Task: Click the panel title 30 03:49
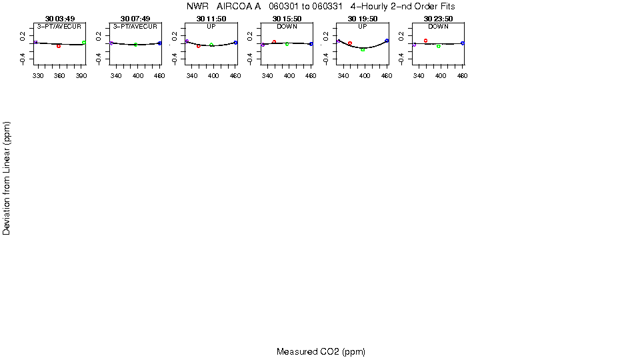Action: [x=59, y=19]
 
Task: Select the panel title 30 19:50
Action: [x=362, y=19]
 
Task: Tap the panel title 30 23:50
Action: [x=438, y=19]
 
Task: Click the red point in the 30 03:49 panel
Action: [x=59, y=46]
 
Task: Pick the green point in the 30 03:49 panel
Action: [x=84, y=43]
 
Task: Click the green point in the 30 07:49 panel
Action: [x=135, y=45]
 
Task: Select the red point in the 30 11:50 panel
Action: [x=199, y=46]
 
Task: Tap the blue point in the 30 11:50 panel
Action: [x=235, y=43]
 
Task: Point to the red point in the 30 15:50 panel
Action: [x=274, y=42]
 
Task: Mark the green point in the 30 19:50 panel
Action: [x=363, y=50]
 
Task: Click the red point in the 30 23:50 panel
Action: [x=425, y=41]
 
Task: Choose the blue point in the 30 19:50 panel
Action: [x=387, y=41]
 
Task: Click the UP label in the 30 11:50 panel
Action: [x=211, y=26]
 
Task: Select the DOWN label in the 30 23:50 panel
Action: [x=438, y=26]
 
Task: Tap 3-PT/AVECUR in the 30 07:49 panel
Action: [x=135, y=26]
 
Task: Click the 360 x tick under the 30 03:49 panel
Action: [x=59, y=76]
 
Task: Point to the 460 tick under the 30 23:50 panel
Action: [x=461, y=76]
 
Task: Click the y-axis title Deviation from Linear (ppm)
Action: [x=7, y=177]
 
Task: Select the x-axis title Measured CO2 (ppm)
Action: [x=321, y=351]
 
